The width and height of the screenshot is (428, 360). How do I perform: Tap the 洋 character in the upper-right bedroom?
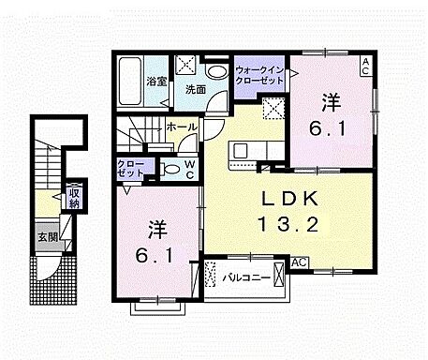331,99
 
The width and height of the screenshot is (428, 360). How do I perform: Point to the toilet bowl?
170,170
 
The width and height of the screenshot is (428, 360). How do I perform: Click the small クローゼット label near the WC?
131,169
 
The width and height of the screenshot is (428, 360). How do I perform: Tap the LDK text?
278,200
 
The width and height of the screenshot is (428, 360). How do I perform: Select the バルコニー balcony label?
247,277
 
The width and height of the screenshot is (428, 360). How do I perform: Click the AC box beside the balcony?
301,263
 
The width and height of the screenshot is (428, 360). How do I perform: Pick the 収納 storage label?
73,198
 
